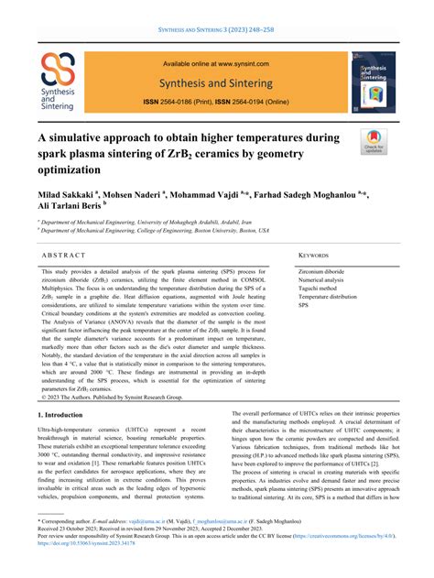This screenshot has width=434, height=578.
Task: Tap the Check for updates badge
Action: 374,141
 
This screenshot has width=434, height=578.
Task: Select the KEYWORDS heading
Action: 315,256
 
